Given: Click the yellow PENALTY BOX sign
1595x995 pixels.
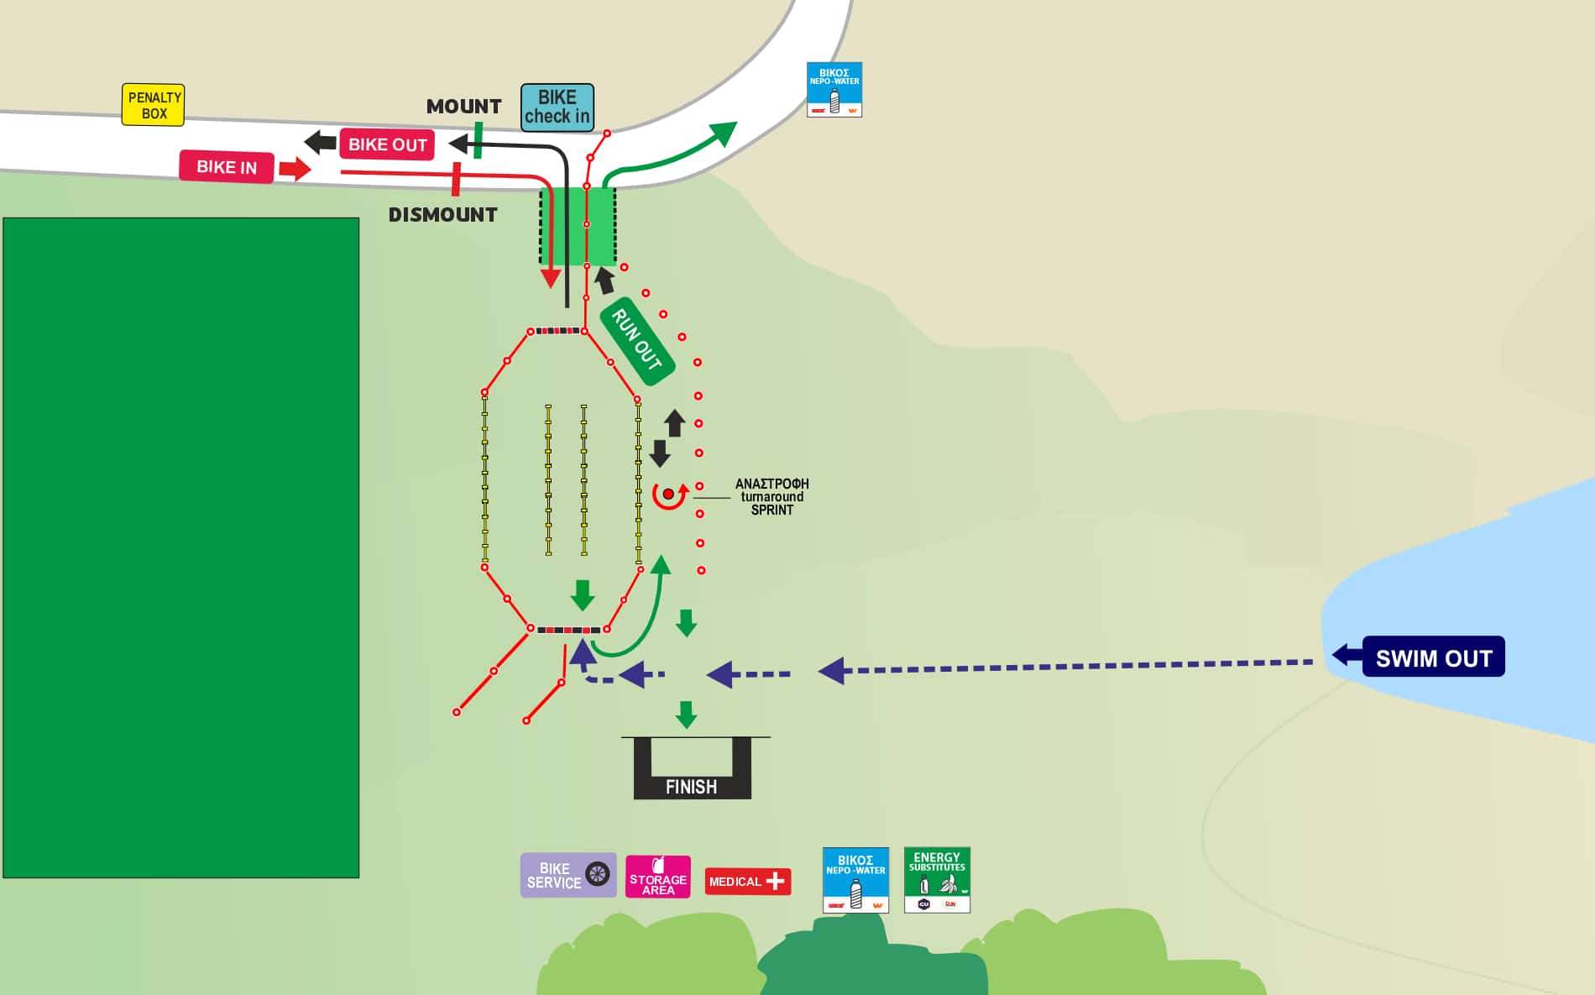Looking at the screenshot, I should point(153,105).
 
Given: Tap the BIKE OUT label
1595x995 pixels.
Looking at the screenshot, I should point(387,144).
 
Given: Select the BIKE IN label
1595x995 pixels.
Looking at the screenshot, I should point(227,166).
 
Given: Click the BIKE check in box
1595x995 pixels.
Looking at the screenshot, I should point(557,107).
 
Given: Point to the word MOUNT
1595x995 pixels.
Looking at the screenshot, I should point(463,107).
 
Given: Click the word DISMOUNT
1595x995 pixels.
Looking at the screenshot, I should point(442,215).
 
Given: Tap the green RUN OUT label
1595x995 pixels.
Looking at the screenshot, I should point(637,341).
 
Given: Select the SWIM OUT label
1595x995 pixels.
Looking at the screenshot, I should point(1433,657).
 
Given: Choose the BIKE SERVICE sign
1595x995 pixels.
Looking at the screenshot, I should point(567,875).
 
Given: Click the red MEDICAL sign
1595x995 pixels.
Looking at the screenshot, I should point(747,881).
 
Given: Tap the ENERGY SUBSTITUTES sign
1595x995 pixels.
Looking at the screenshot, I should point(937,879).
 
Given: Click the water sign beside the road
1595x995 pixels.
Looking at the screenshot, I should point(834,89).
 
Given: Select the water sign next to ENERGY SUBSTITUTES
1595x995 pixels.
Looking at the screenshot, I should point(855,879).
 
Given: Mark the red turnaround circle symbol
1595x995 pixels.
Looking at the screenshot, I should point(669,495).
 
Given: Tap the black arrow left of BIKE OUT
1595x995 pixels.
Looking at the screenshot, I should point(320,142).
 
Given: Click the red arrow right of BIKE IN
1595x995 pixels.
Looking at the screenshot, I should point(294,169).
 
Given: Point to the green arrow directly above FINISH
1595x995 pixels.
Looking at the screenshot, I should point(687,715).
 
